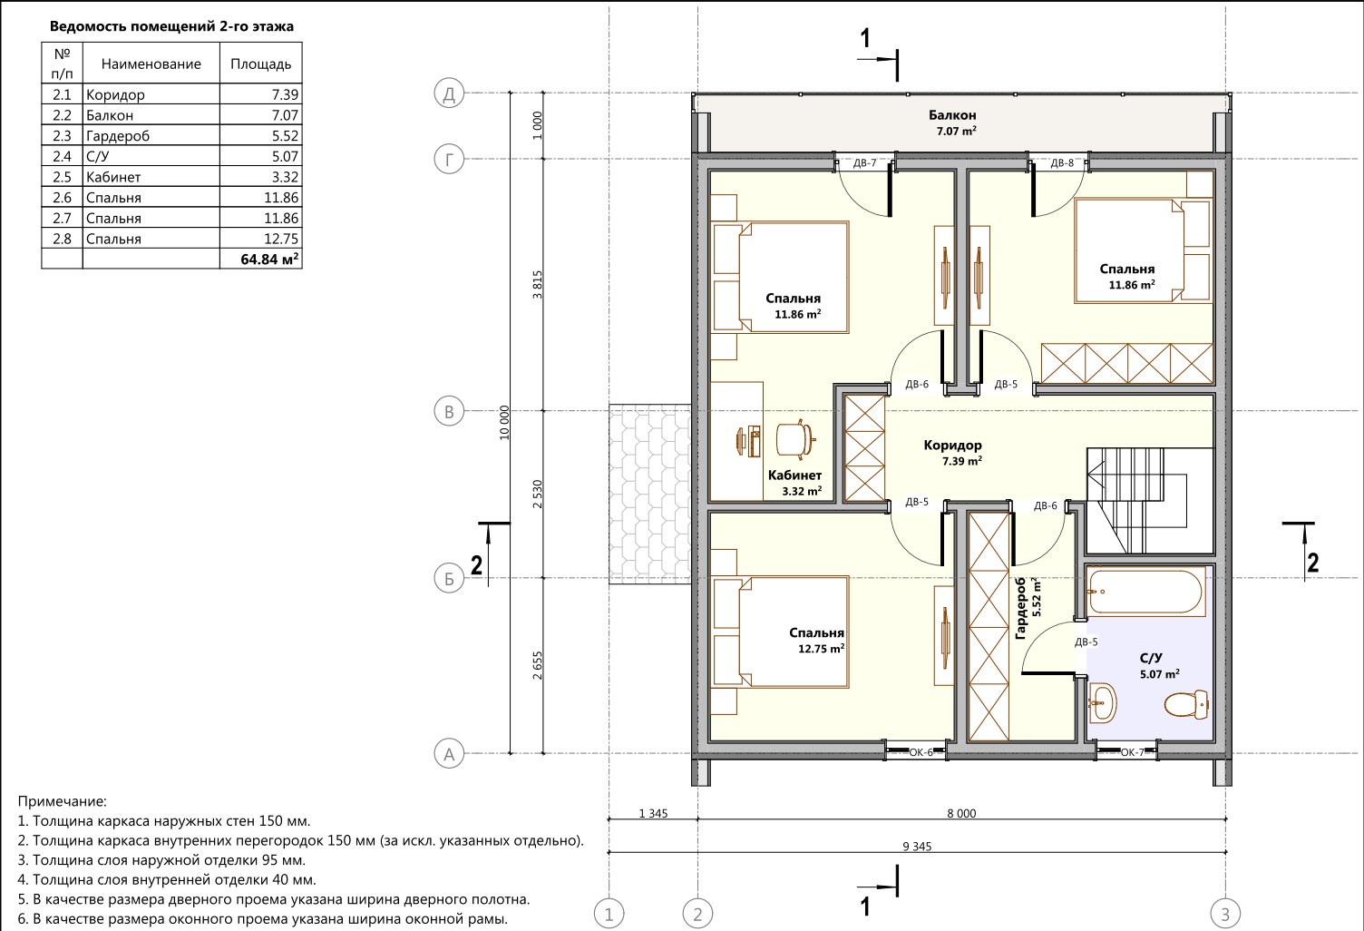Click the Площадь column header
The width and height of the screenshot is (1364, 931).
pyautogui.click(x=260, y=64)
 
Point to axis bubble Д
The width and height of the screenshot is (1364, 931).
pyautogui.click(x=449, y=93)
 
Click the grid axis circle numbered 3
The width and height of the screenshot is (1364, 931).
pyautogui.click(x=1225, y=914)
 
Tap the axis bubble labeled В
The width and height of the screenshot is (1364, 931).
pyautogui.click(x=449, y=412)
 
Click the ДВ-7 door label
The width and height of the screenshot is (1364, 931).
pyautogui.click(x=864, y=163)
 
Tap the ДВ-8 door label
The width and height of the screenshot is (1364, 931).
pyautogui.click(x=1062, y=163)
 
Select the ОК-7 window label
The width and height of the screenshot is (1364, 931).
pyautogui.click(x=1132, y=752)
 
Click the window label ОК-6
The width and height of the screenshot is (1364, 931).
pyautogui.click(x=921, y=752)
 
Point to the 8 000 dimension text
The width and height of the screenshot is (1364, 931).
pyautogui.click(x=961, y=813)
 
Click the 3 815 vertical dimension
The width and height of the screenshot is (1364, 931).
pyautogui.click(x=537, y=285)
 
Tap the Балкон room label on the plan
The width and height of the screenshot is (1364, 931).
pyautogui.click(x=952, y=115)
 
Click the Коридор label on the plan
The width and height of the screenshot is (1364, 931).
pyautogui.click(x=952, y=446)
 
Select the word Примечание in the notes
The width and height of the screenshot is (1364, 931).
pyautogui.click(x=62, y=801)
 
